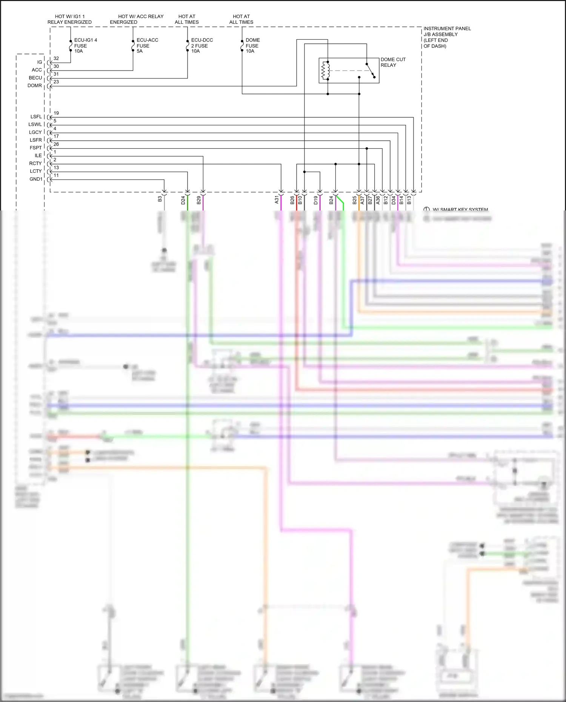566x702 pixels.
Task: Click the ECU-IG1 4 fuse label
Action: [85, 45]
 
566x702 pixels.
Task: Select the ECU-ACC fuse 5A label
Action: [147, 45]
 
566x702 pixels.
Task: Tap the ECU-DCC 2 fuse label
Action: [201, 45]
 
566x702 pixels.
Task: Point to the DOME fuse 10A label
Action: [252, 45]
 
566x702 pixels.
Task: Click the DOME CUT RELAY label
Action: [392, 62]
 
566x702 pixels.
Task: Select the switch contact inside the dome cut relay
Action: [371, 71]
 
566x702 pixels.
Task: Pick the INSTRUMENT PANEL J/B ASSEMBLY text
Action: [446, 37]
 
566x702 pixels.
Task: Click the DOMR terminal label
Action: [35, 86]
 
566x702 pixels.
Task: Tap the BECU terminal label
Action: [35, 78]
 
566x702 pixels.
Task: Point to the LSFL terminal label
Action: [36, 117]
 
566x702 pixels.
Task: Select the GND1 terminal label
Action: [36, 179]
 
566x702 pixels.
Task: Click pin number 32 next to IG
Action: [56, 58]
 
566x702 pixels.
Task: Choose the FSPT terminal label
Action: [36, 147]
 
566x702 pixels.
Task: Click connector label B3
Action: [160, 199]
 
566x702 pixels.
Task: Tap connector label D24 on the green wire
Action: [183, 200]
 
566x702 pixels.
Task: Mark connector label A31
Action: [277, 200]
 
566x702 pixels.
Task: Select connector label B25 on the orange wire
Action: [354, 200]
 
